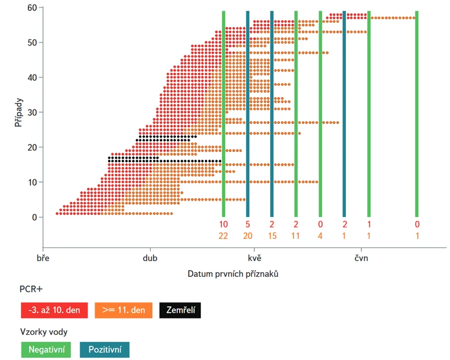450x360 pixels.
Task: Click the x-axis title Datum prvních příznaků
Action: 233,274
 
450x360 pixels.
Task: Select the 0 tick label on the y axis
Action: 34,217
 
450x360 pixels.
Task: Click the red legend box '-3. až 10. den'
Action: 54,311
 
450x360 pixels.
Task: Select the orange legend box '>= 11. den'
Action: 123,311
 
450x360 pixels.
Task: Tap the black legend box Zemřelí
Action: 180,311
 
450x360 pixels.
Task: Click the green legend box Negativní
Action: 47,349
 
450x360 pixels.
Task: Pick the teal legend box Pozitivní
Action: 104,349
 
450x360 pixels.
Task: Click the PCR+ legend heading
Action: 30,290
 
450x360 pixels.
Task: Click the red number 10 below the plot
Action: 224,224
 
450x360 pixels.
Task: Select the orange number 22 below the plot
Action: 224,235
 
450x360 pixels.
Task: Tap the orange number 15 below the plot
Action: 272,235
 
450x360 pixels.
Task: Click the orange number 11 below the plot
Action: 296,235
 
